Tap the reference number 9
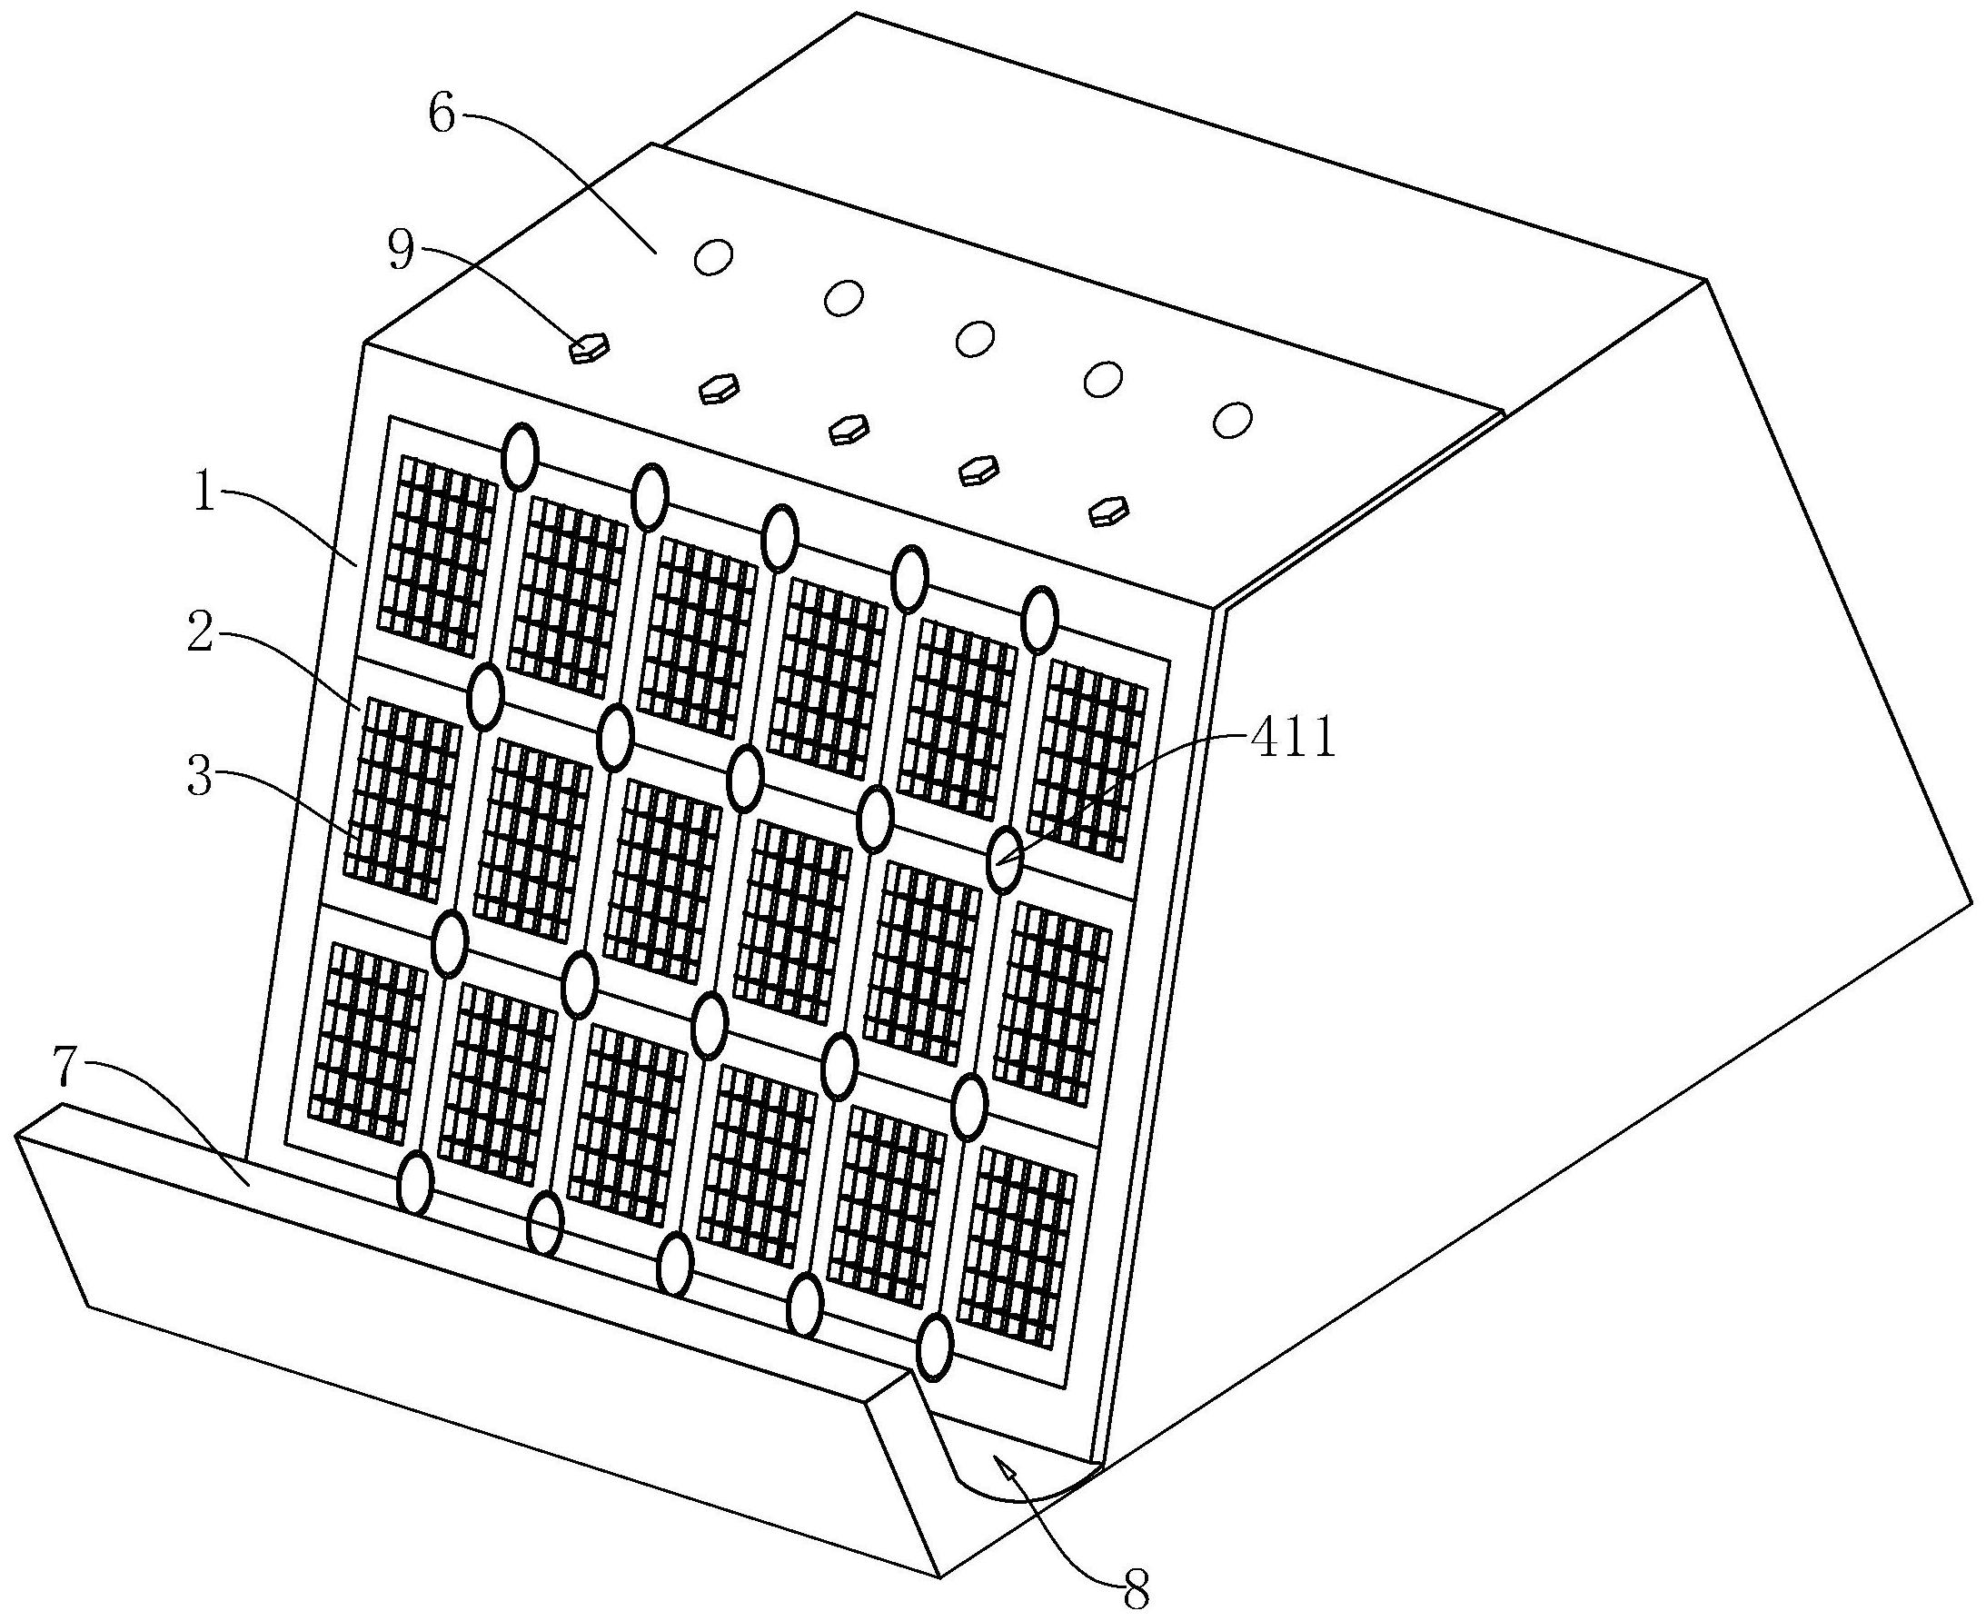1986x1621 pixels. [x=402, y=253]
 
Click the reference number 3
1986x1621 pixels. [x=200, y=778]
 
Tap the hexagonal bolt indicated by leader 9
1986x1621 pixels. [x=590, y=348]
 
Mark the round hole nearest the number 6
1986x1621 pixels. [x=713, y=257]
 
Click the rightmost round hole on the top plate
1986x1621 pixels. [x=1233, y=419]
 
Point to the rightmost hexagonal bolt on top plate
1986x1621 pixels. [x=1109, y=511]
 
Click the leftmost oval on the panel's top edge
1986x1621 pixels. [x=519, y=455]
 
